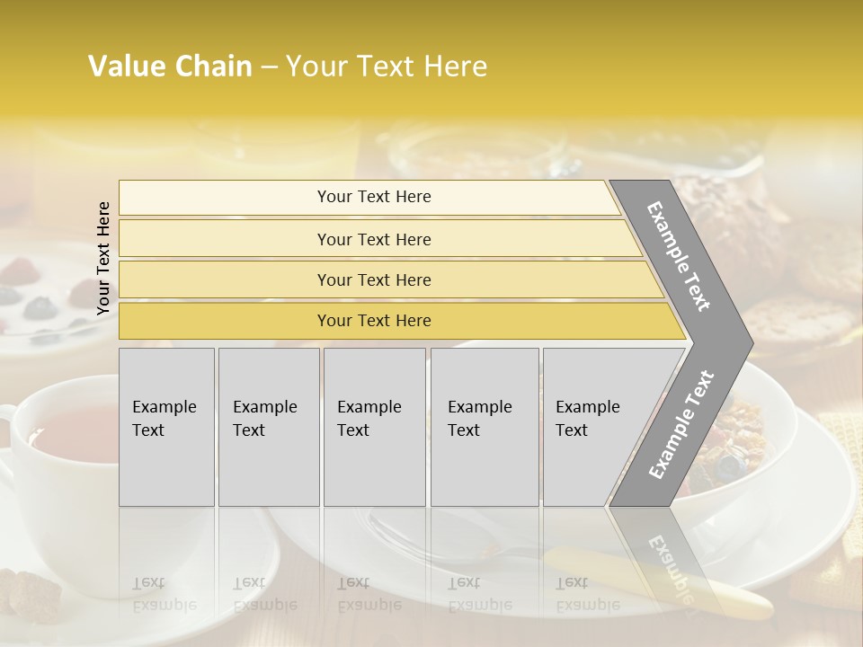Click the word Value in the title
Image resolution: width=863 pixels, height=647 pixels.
(129, 66)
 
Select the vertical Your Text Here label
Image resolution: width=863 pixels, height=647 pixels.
(103, 258)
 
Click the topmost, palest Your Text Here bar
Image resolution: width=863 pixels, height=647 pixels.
(373, 197)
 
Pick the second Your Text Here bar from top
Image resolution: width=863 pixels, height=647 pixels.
(373, 239)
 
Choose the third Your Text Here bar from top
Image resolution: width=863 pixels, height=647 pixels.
(373, 279)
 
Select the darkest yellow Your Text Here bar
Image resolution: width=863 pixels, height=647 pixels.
(373, 321)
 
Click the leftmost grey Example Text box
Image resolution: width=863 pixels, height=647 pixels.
(166, 427)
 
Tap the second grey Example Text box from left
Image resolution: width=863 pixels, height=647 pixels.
(269, 427)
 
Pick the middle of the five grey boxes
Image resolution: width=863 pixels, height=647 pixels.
(374, 427)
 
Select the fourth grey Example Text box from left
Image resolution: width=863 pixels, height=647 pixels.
(485, 427)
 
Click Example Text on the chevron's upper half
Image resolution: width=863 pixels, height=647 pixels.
(679, 255)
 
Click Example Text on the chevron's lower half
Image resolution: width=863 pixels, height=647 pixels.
(681, 424)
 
